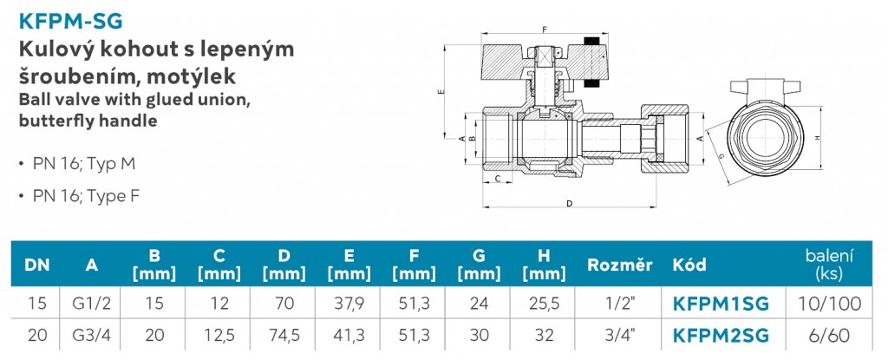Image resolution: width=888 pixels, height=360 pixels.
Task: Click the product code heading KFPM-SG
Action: tap(71, 21)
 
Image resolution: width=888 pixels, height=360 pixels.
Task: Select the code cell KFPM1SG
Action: tap(721, 304)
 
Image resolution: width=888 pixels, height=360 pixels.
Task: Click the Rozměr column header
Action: tap(619, 265)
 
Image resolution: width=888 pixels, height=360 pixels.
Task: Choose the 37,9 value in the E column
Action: tap(349, 304)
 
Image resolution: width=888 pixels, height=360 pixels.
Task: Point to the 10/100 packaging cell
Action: tap(829, 304)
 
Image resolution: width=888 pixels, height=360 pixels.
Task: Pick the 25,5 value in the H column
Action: tap(543, 304)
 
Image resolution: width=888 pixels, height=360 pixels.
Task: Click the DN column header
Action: tap(37, 265)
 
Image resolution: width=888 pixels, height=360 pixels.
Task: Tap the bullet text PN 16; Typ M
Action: tap(84, 165)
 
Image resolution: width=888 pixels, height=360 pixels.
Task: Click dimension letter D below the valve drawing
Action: tap(569, 204)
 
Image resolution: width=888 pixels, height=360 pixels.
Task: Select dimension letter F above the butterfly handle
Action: tap(545, 29)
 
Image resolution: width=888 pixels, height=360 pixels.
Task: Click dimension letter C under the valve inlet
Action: tap(497, 180)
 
